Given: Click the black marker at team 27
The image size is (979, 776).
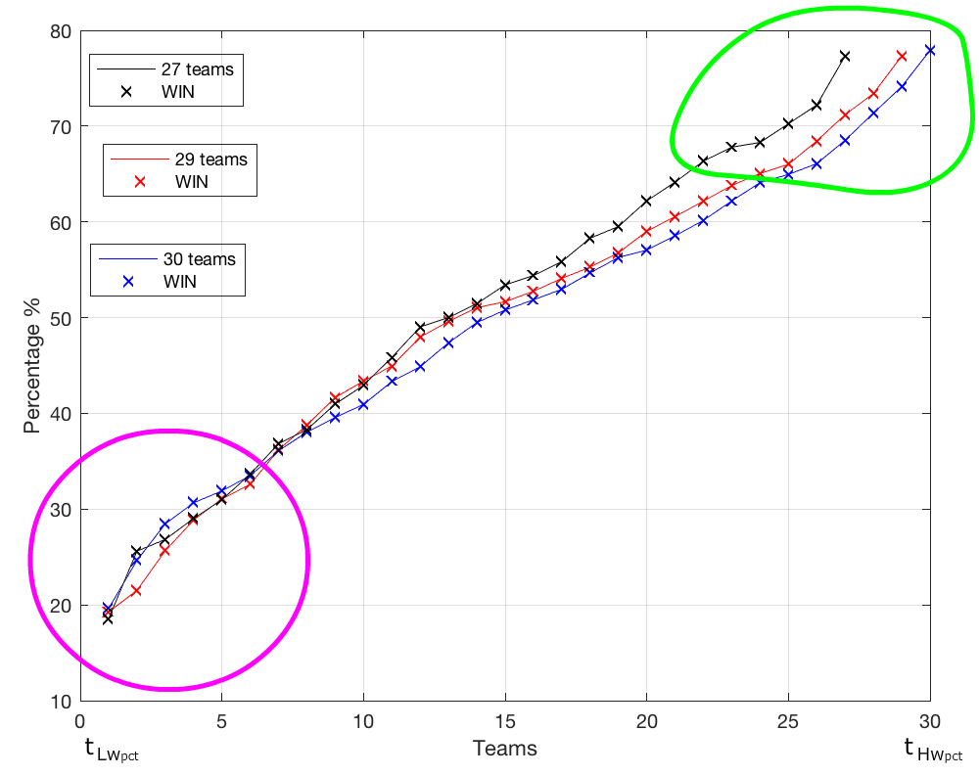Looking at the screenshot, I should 844,57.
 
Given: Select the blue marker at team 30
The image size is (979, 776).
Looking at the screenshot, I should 929,50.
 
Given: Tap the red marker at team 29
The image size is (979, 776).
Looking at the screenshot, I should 901,57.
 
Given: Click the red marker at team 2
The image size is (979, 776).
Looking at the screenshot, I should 136,590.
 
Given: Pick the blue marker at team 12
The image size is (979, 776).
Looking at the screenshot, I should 419,367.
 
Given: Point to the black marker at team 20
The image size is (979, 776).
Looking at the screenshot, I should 646,201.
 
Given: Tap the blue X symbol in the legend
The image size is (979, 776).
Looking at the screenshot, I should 125,281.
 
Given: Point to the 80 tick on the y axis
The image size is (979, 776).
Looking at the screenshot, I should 61,31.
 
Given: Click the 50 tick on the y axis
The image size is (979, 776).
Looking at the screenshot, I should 61,318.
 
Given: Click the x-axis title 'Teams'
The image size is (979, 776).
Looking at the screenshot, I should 504,749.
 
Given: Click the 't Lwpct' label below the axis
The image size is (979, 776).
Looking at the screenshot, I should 112,751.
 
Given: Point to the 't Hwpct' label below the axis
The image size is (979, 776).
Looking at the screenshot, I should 933,751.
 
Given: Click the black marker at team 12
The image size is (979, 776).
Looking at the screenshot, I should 419,328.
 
